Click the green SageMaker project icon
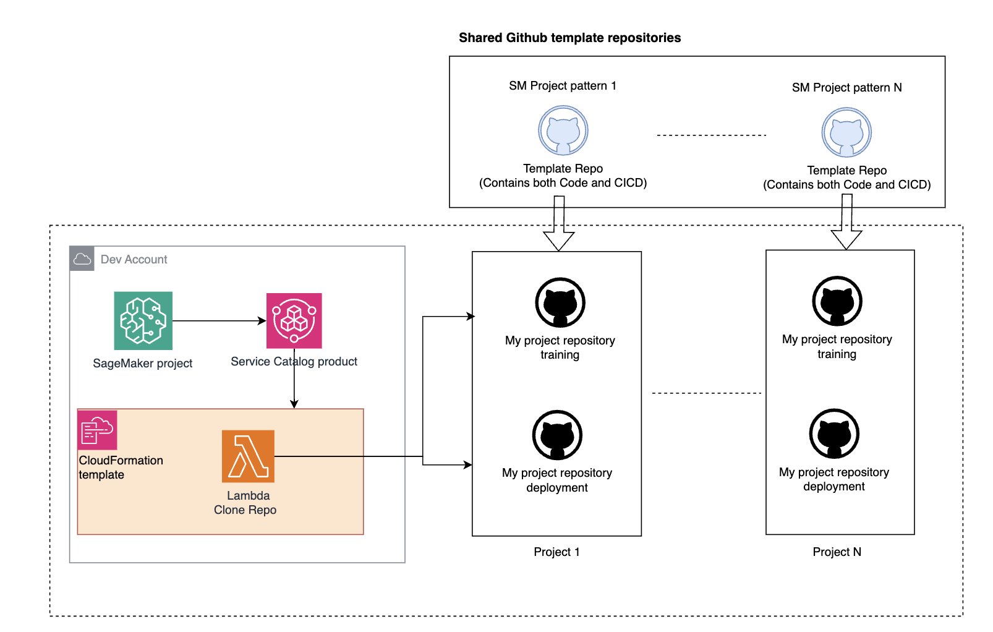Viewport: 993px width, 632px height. (x=143, y=321)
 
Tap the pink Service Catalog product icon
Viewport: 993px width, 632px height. (x=294, y=321)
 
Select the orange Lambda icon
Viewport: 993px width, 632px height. (x=248, y=456)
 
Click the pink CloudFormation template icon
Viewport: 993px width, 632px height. (x=97, y=430)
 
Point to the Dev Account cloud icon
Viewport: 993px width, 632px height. (x=82, y=259)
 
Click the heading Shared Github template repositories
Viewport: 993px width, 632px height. (x=569, y=38)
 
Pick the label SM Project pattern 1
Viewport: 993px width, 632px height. (x=562, y=86)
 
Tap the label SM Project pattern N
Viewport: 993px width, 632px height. (x=846, y=88)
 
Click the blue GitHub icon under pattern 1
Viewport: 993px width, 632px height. (x=563, y=130)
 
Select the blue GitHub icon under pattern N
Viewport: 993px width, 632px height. (x=846, y=132)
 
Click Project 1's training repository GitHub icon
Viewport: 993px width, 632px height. (x=560, y=302)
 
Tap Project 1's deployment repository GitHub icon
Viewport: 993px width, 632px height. (x=557, y=435)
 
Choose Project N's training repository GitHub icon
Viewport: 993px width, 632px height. (x=837, y=301)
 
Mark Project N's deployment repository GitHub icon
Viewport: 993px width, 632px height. (x=834, y=433)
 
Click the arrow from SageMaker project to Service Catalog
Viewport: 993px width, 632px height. (x=219, y=321)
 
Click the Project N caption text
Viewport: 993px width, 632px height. (x=837, y=552)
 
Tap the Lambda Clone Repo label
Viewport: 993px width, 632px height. (x=245, y=503)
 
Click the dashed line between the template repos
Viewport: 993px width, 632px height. (x=711, y=135)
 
